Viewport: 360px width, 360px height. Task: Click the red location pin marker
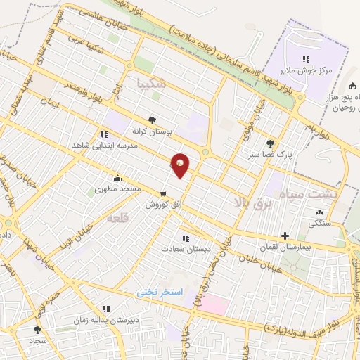click(181, 165)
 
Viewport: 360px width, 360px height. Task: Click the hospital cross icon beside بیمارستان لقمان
click(284, 236)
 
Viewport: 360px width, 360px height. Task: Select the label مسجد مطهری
click(118, 189)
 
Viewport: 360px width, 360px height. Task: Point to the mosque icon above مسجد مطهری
click(117, 178)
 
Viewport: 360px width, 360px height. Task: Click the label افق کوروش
click(163, 205)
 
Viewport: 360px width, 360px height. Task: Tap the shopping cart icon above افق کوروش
click(163, 193)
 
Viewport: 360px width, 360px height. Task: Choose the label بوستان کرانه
click(153, 131)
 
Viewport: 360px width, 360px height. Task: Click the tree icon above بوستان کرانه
click(153, 120)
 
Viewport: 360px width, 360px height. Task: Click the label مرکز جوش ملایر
click(305, 70)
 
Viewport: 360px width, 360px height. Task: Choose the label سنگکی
click(320, 224)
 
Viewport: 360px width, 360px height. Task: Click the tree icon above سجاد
click(37, 329)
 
